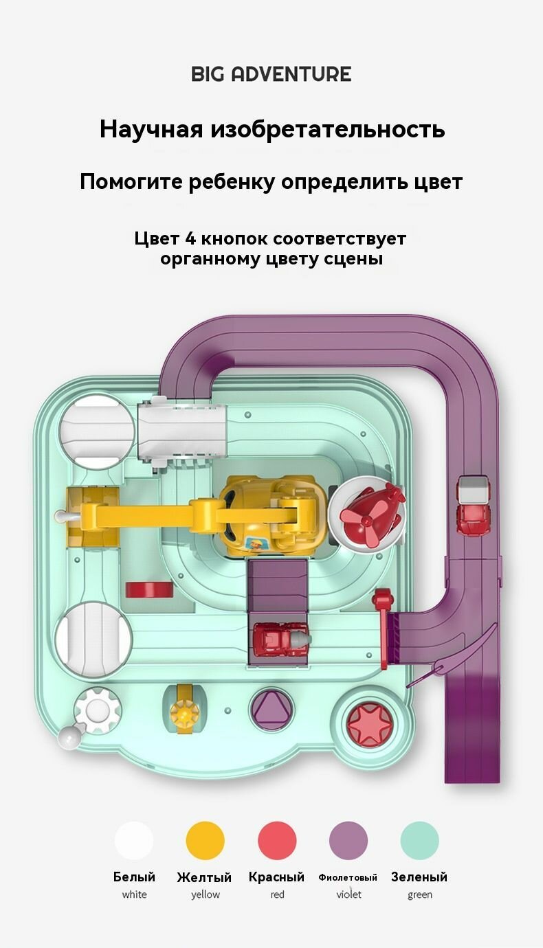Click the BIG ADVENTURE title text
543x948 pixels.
[271, 74]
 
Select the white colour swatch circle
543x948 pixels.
[134, 840]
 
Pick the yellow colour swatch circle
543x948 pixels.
[206, 840]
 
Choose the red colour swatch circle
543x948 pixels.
[277, 840]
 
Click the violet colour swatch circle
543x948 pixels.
[348, 840]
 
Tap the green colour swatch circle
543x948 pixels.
[419, 840]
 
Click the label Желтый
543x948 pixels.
[204, 877]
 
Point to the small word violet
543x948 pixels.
[348, 894]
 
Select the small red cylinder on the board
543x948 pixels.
[149, 589]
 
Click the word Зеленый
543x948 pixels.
[419, 877]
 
